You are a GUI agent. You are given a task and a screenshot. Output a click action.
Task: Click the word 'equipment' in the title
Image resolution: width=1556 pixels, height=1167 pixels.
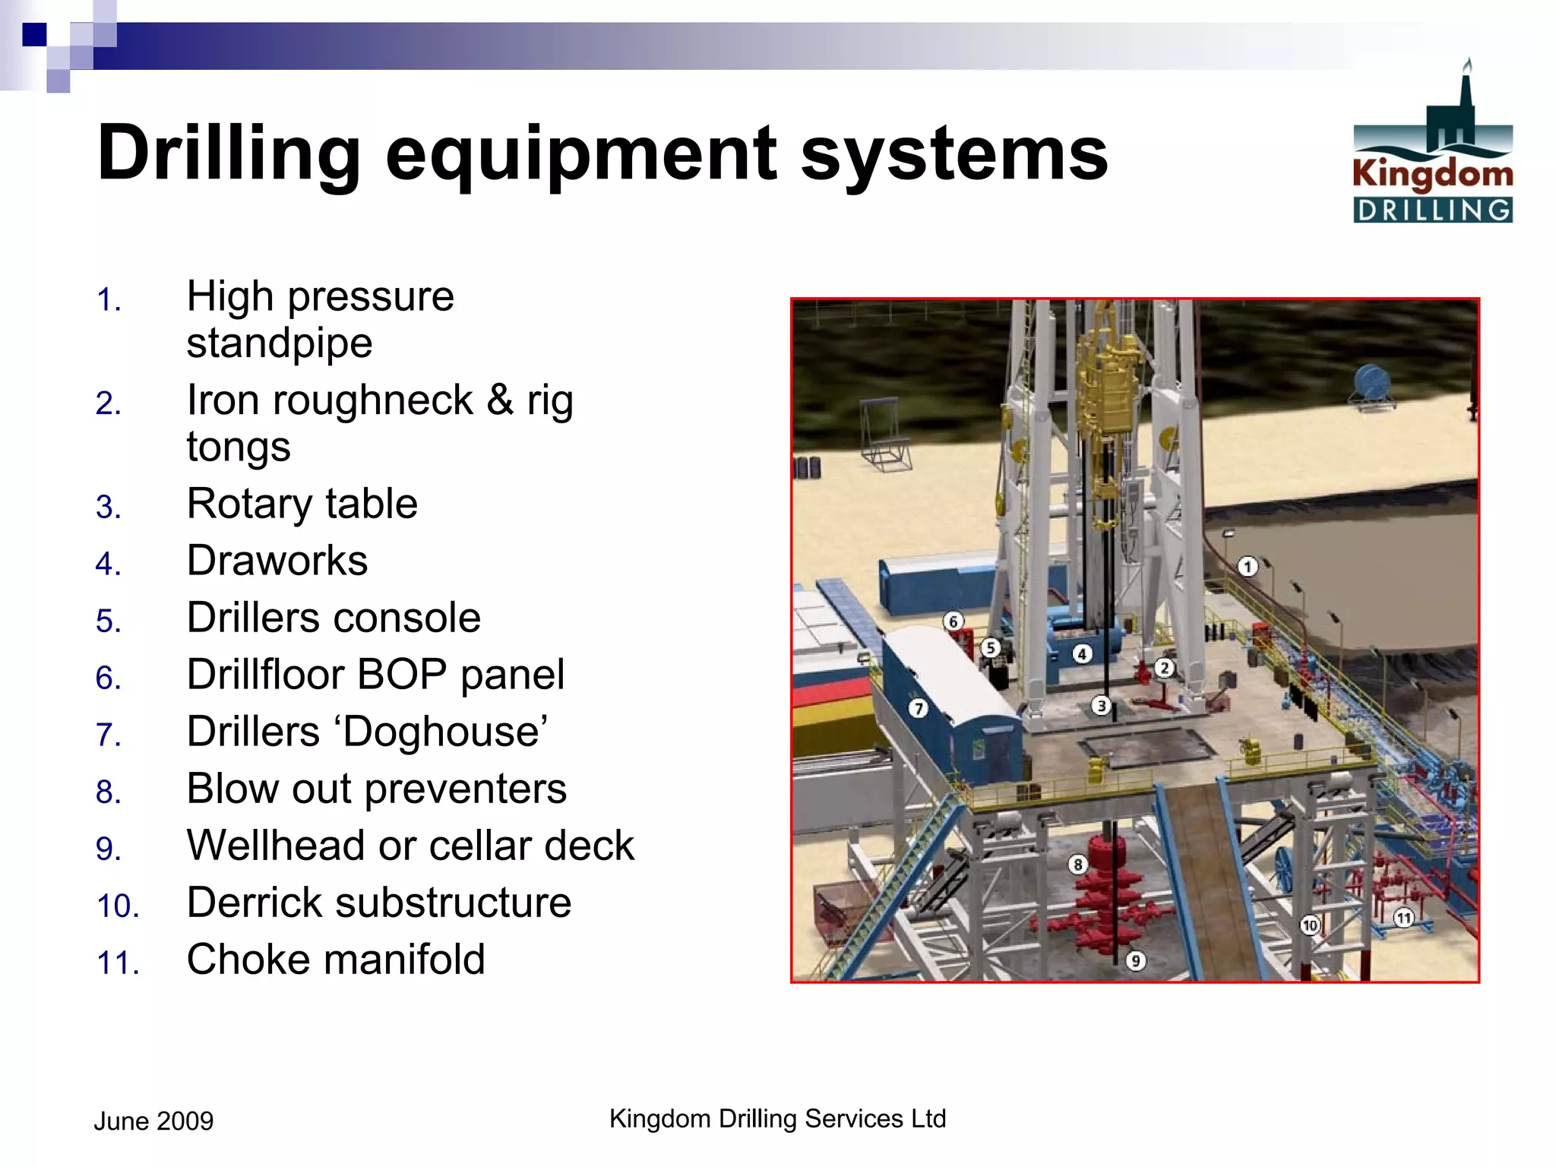582,154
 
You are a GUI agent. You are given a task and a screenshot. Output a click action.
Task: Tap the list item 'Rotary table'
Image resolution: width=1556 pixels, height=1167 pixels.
302,504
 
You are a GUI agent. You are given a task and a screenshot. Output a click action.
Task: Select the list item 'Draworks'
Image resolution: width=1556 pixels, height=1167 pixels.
277,561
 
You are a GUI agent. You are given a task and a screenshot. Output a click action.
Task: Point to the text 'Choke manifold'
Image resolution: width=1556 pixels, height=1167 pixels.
335,960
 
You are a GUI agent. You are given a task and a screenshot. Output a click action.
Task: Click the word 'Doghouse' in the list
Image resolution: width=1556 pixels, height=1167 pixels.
442,732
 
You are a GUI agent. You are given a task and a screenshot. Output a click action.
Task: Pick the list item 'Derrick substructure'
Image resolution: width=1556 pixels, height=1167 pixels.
378,903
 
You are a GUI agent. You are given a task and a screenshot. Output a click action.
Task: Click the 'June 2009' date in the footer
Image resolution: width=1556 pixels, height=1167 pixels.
153,1121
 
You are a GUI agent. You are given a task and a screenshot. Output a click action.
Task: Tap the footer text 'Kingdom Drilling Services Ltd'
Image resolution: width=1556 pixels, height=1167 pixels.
777,1118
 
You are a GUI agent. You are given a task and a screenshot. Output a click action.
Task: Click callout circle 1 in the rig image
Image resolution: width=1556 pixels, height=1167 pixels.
1248,566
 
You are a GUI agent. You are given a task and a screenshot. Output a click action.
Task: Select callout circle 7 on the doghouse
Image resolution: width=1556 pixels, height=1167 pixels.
919,709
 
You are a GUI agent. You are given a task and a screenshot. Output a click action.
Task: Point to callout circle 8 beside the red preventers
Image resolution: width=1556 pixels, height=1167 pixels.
1077,864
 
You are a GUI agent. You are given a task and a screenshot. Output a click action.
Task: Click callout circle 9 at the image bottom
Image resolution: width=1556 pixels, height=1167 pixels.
1135,960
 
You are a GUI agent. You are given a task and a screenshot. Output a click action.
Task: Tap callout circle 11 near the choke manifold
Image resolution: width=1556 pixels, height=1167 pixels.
1403,918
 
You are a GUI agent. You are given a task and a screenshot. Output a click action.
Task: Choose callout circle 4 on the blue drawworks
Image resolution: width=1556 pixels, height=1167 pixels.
1082,653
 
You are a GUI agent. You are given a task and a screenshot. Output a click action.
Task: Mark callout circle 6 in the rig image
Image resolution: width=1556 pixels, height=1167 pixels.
953,621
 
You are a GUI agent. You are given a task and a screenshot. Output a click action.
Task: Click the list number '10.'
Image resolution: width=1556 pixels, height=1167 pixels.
118,906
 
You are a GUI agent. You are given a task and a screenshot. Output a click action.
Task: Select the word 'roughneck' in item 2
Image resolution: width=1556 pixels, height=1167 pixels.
372,400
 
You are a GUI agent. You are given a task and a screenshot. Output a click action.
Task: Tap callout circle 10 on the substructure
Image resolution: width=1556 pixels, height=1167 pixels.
1309,925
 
